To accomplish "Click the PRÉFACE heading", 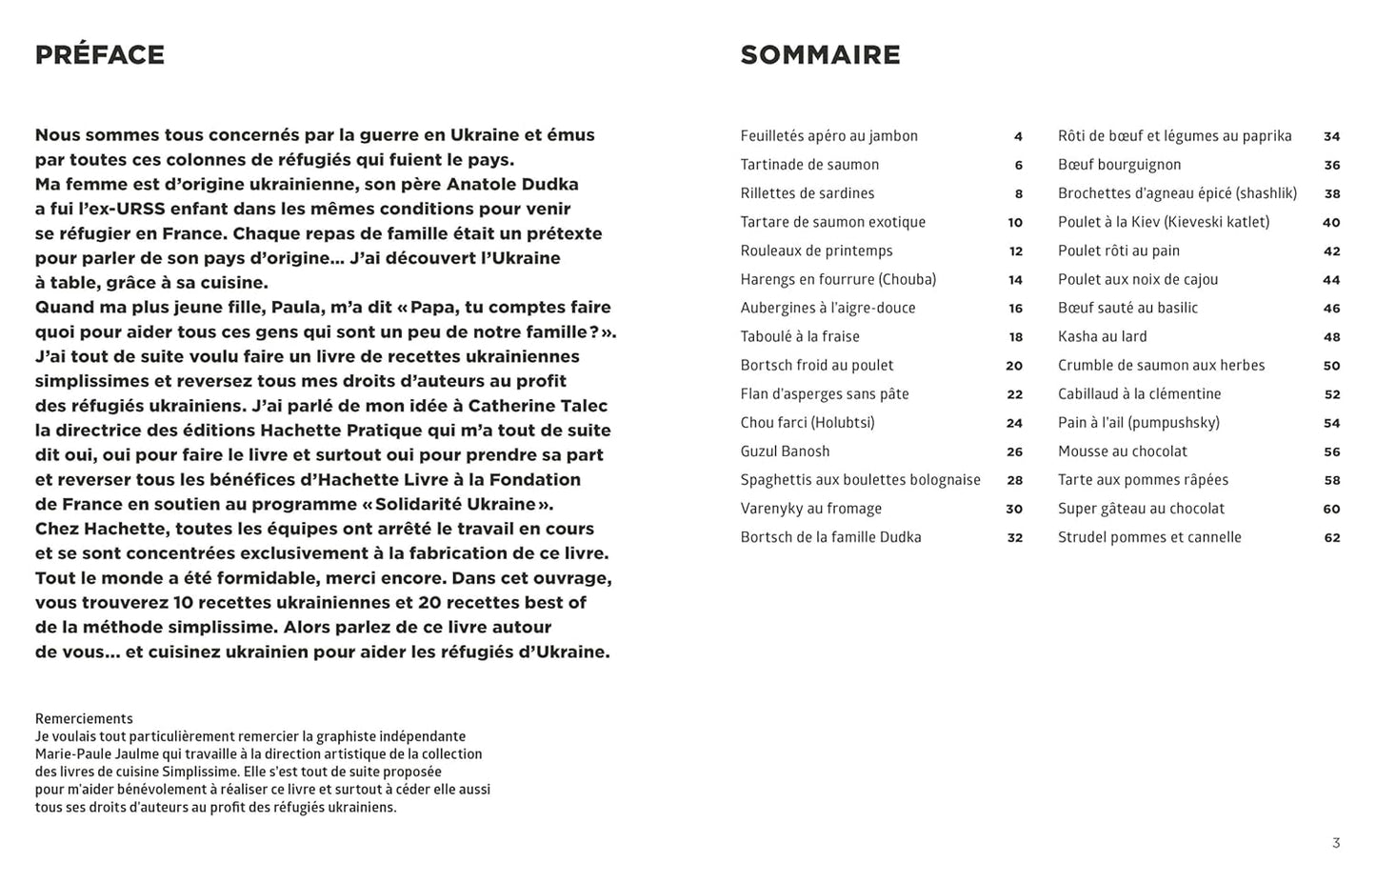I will (x=100, y=55).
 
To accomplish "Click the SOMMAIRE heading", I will (x=820, y=55).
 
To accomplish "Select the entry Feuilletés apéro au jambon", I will (x=828, y=136).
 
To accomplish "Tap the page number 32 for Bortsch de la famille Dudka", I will (x=1014, y=537).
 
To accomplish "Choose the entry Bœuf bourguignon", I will (x=1119, y=165).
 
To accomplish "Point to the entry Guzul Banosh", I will (x=785, y=452).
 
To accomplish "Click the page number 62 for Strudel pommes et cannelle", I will (x=1331, y=537).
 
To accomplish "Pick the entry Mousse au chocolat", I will (x=1122, y=452).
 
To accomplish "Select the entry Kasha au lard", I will (x=1102, y=336).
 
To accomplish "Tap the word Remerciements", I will (x=84, y=719).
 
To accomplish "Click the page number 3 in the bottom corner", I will (x=1336, y=843).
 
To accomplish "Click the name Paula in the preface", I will (x=297, y=308).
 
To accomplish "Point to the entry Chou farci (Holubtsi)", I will (x=807, y=423).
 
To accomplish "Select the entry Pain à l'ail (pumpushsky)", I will (x=1138, y=423).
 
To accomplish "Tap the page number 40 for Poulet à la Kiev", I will (x=1330, y=222).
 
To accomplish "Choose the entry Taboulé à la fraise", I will (x=800, y=336).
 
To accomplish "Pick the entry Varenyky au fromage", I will (x=810, y=509).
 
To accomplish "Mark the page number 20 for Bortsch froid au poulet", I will (x=1013, y=366).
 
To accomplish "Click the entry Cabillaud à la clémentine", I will (x=1139, y=394).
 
